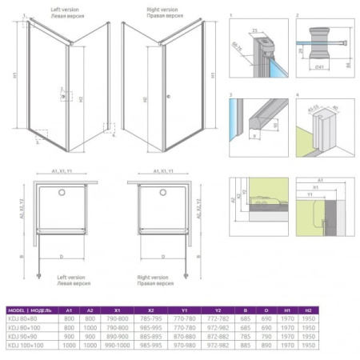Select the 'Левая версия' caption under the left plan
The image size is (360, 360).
point(74,282)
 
